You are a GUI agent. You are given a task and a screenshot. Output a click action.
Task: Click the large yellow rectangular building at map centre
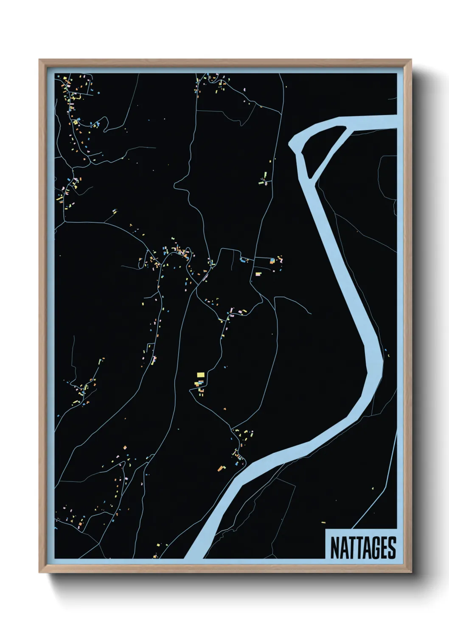pyautogui.click(x=201, y=375)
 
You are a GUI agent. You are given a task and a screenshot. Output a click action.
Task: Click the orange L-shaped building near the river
pyautogui.click(x=221, y=468)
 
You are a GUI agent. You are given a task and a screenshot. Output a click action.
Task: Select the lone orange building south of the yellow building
pyautogui.click(x=224, y=409)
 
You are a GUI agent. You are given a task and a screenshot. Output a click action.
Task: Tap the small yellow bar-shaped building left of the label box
pyautogui.click(x=323, y=522)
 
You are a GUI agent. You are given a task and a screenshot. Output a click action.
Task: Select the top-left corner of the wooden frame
pyautogui.click(x=39, y=60)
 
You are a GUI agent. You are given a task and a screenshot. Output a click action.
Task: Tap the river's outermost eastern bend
pyautogui.click(x=382, y=361)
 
